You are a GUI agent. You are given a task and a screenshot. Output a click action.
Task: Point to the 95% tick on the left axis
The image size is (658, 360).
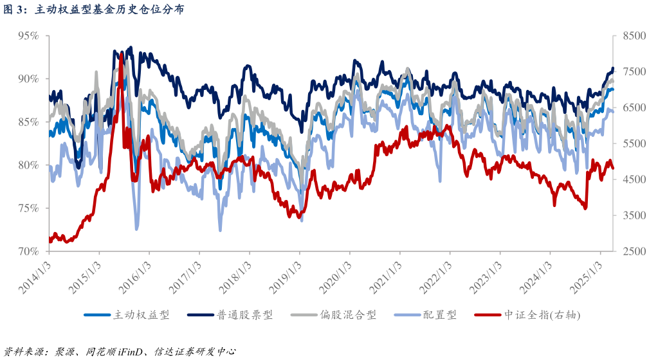(28, 36)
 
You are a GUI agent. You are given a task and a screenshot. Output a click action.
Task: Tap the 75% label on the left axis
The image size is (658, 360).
(28, 208)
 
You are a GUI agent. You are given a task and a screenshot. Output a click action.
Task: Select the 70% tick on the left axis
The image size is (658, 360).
(28, 251)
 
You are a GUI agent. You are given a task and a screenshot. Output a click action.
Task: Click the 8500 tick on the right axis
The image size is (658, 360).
(633, 36)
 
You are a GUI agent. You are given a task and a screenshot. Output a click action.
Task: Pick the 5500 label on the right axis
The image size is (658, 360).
(633, 143)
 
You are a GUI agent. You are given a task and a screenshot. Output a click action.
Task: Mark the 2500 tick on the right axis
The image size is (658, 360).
(633, 251)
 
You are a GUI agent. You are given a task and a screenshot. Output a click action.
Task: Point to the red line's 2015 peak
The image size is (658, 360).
(121, 55)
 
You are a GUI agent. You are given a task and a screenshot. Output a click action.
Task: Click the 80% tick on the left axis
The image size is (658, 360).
(28, 165)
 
